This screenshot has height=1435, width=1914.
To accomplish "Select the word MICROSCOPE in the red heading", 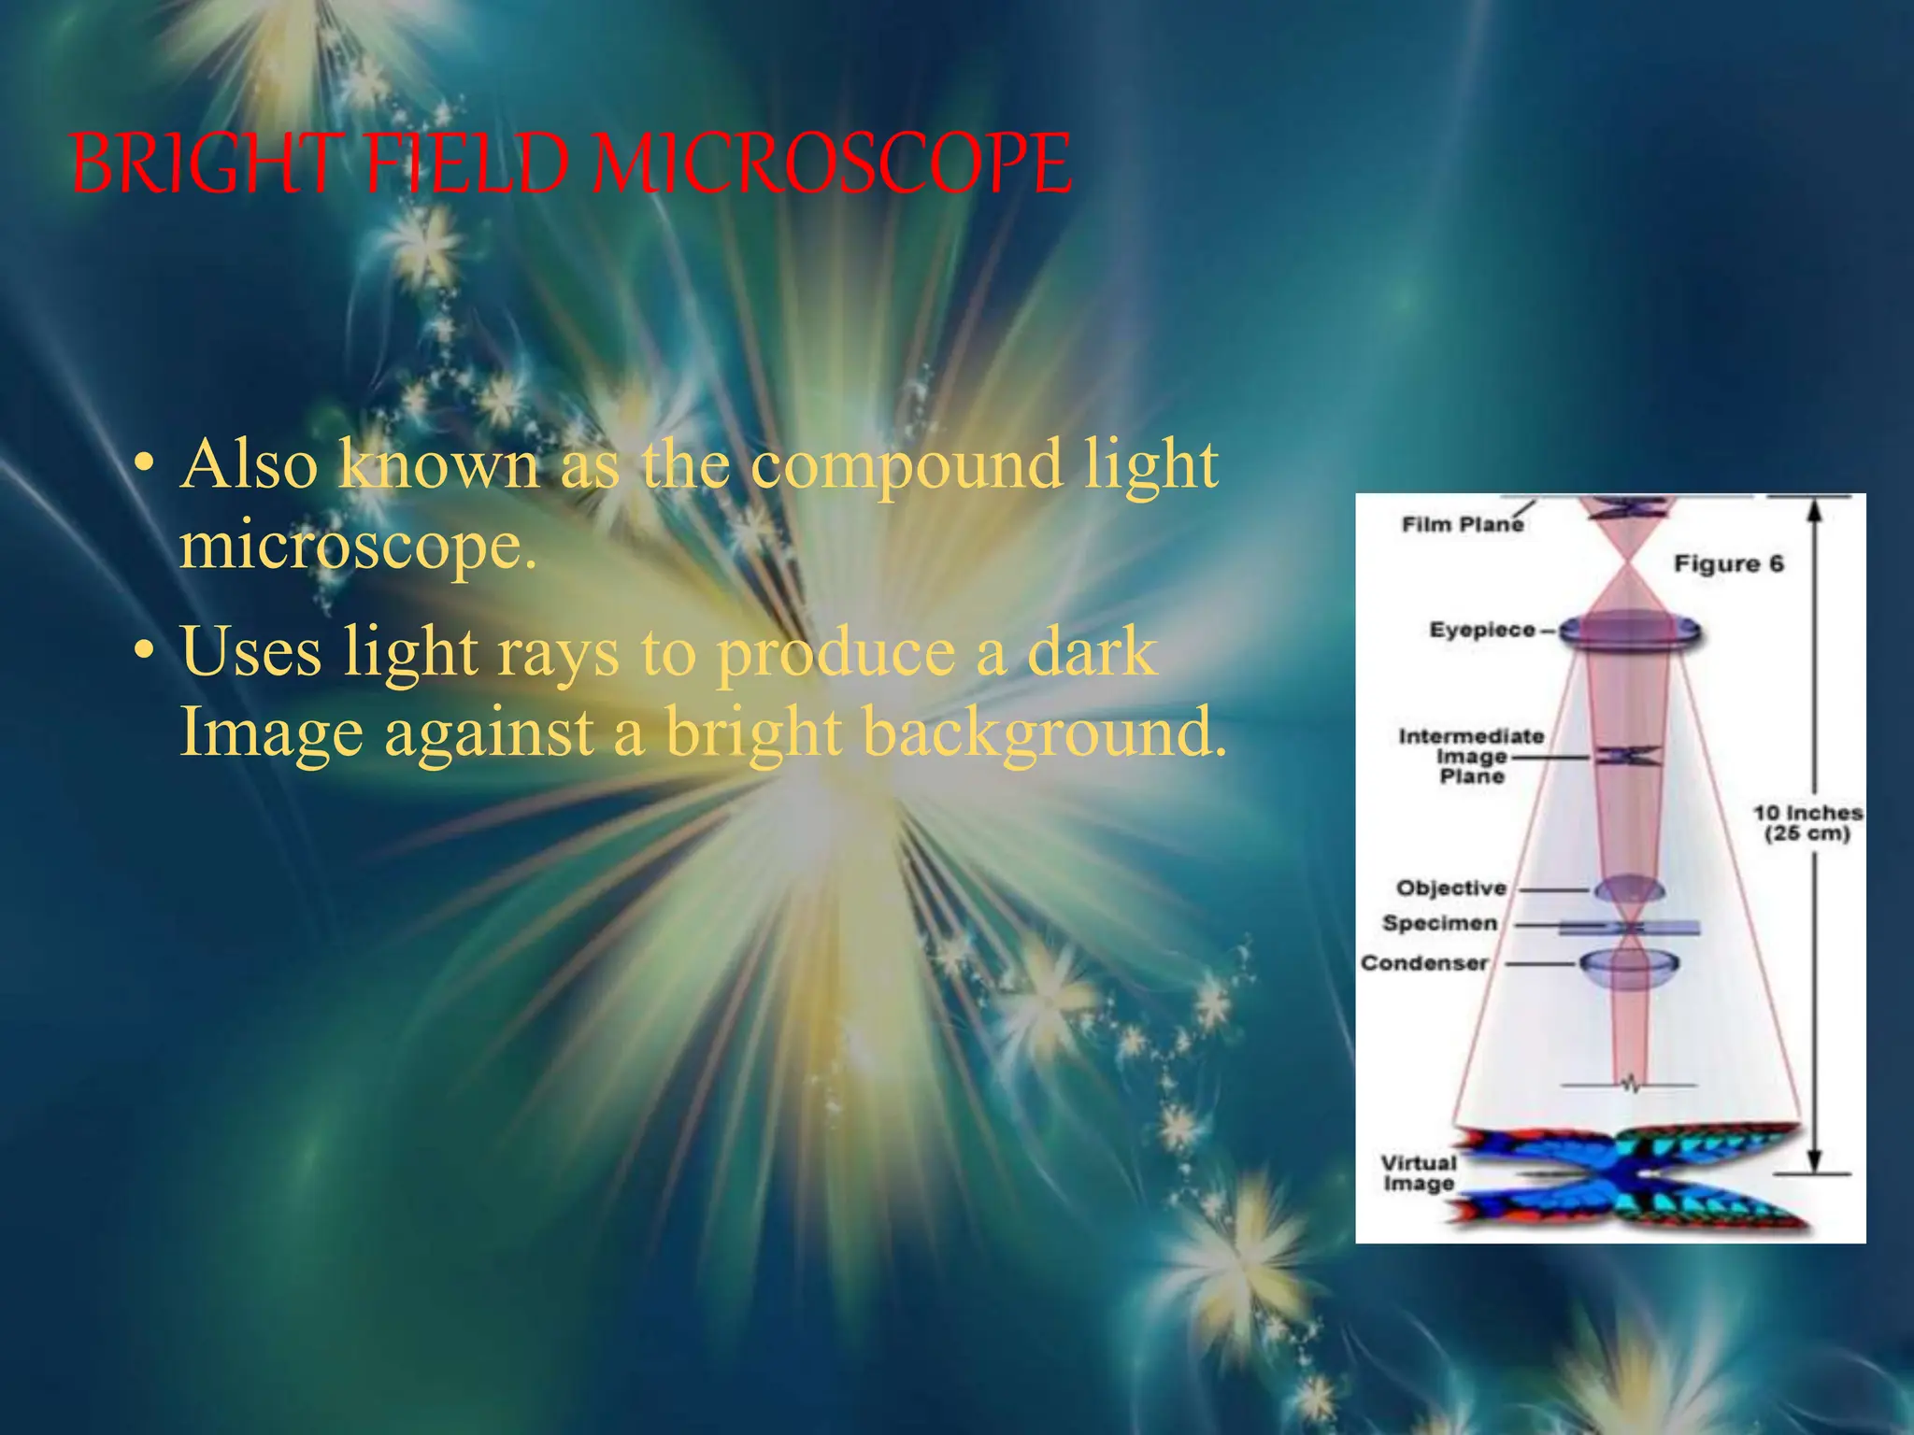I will [x=832, y=163].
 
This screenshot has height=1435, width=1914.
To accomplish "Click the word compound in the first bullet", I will [x=907, y=464].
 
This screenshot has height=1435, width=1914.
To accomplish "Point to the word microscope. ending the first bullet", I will [x=358, y=545].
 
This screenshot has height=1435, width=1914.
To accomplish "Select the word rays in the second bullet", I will [x=558, y=651].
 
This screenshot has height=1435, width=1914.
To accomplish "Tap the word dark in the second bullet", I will [x=1092, y=651].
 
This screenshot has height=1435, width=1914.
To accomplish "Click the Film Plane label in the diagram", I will [x=1462, y=524].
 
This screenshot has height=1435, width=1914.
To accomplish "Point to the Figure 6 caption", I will [x=1728, y=563].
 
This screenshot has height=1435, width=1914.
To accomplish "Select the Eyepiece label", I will [x=1482, y=630].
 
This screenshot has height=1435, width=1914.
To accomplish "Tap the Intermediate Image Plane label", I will [x=1471, y=756].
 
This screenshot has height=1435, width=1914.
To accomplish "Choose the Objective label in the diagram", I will [x=1451, y=888].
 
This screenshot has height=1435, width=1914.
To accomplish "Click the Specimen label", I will [x=1439, y=923].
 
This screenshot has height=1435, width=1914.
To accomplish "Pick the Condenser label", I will [x=1423, y=962].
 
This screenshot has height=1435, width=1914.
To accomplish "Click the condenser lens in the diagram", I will [x=1629, y=966].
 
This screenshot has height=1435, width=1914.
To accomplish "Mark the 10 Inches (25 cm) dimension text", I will [x=1807, y=823].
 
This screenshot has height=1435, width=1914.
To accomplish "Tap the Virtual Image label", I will [x=1419, y=1172].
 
